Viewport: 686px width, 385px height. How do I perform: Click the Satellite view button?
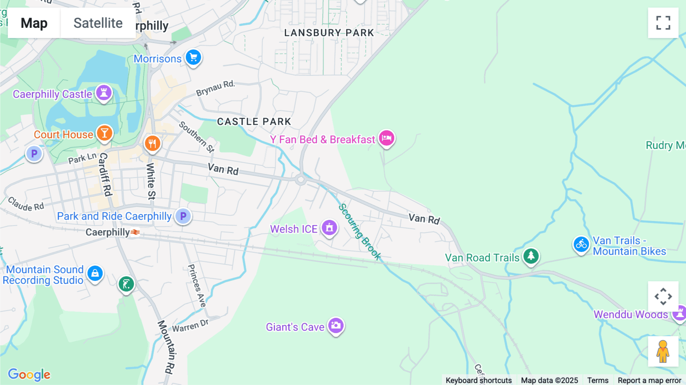coord(98,23)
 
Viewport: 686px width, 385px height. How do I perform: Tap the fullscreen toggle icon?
coord(663,23)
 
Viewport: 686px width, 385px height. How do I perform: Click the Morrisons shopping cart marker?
coord(194,58)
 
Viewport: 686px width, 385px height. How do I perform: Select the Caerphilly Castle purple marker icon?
coord(104,92)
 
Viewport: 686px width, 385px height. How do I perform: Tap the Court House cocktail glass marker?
coord(104,133)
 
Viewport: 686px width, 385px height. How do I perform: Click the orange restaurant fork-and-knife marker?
coord(152,144)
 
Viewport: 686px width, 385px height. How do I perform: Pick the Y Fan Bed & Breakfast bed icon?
coord(386,138)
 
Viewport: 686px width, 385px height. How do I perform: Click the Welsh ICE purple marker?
coord(329,228)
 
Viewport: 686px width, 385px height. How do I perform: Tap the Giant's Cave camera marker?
coord(336,326)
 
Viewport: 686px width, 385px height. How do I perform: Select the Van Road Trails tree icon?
coord(531,256)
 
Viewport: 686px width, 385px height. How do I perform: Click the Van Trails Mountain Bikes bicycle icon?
coord(581,244)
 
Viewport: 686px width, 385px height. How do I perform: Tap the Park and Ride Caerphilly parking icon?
coord(183,216)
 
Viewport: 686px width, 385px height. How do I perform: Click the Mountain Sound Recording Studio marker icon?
coord(95,273)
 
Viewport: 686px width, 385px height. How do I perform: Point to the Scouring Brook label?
coord(360,231)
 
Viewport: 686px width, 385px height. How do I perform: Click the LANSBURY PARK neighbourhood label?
coord(329,33)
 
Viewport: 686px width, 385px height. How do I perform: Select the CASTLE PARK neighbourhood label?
coord(254,122)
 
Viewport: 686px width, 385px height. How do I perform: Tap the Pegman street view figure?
coord(663,351)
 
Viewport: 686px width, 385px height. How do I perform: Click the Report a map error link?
coord(649,380)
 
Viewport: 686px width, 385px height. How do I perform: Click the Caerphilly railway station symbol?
coord(135,232)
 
